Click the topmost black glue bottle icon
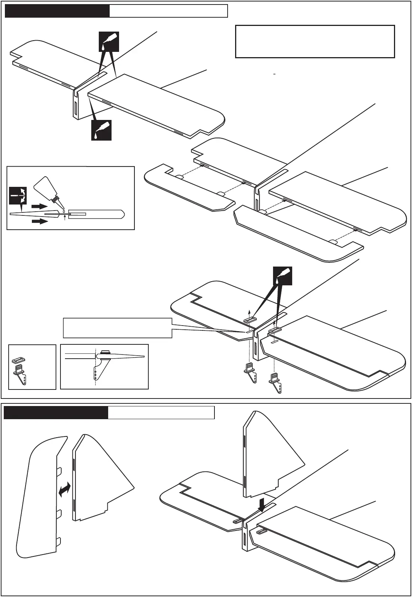(109, 41)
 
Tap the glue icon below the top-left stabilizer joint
(101, 130)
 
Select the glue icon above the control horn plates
(282, 276)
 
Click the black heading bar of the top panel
(57, 11)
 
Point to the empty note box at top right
(315, 41)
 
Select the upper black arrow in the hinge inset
(39, 206)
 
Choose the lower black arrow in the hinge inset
(39, 221)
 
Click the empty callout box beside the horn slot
(118, 328)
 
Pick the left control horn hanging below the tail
(251, 372)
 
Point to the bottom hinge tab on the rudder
(59, 542)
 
